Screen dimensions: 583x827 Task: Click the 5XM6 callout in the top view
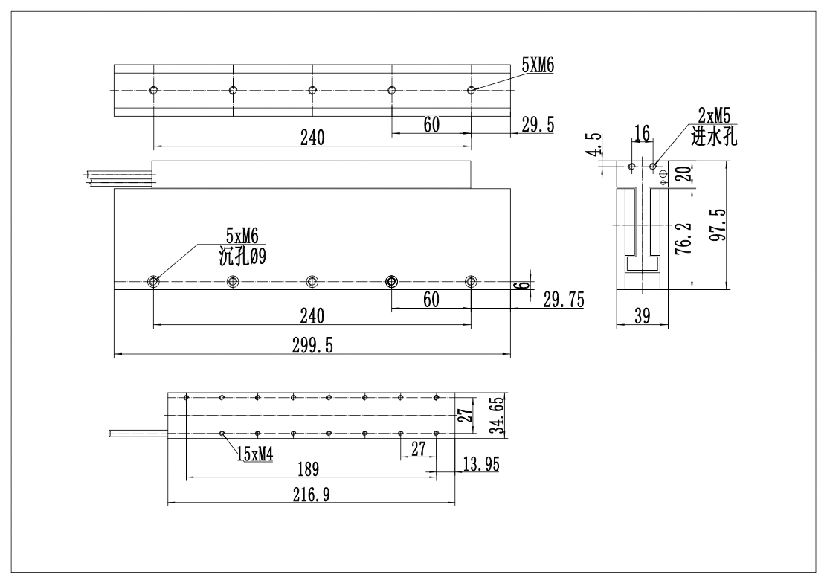click(538, 66)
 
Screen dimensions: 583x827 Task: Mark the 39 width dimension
click(643, 316)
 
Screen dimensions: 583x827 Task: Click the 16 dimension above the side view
click(640, 133)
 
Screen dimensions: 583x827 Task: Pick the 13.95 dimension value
click(480, 464)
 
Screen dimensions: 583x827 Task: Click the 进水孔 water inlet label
click(713, 136)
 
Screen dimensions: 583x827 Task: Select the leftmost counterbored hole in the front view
click(153, 281)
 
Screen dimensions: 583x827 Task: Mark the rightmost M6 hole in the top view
click(471, 90)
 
